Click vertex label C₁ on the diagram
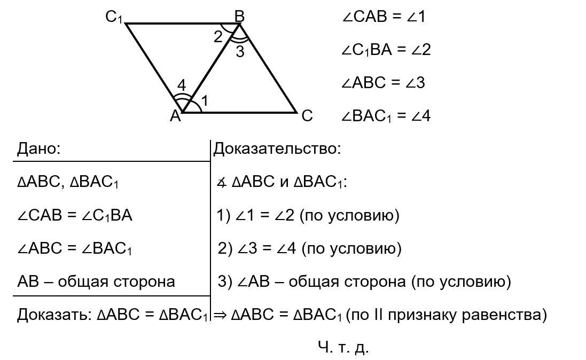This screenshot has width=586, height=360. pyautogui.click(x=114, y=18)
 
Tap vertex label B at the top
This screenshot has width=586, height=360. pyautogui.click(x=239, y=17)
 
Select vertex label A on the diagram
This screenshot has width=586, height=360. pyautogui.click(x=175, y=115)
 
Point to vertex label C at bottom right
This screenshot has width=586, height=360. pyautogui.click(x=307, y=115)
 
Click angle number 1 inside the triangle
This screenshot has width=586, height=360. pyautogui.click(x=205, y=100)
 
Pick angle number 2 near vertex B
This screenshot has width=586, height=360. pyautogui.click(x=217, y=37)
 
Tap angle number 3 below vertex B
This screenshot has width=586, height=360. pyautogui.click(x=240, y=52)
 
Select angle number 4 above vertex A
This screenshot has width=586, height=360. pyautogui.click(x=182, y=85)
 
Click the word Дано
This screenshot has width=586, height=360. pyautogui.click(x=39, y=148)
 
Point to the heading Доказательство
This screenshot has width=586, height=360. pyautogui.click(x=277, y=148)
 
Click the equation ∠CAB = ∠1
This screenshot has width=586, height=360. pyautogui.click(x=384, y=17)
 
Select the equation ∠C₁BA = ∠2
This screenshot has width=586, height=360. pyautogui.click(x=386, y=50)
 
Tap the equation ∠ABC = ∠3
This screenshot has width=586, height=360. pyautogui.click(x=383, y=83)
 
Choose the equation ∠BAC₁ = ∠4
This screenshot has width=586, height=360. pyautogui.click(x=386, y=116)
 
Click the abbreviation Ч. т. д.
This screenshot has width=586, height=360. pyautogui.click(x=343, y=347)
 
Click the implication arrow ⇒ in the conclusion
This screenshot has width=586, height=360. pyautogui.click(x=220, y=315)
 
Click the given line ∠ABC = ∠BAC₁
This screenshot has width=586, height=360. pyautogui.click(x=75, y=248)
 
